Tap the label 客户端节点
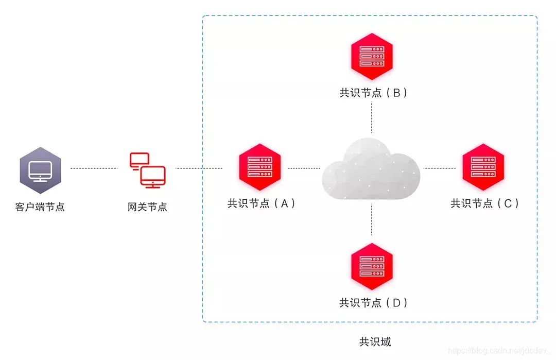40,207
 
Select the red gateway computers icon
147,169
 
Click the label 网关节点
147,207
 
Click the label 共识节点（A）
262,203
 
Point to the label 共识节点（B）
373,93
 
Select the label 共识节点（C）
484,203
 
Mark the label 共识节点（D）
373,302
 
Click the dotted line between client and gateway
94,168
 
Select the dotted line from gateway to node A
199,168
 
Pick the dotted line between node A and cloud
304,168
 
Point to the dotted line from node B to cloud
372,117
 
